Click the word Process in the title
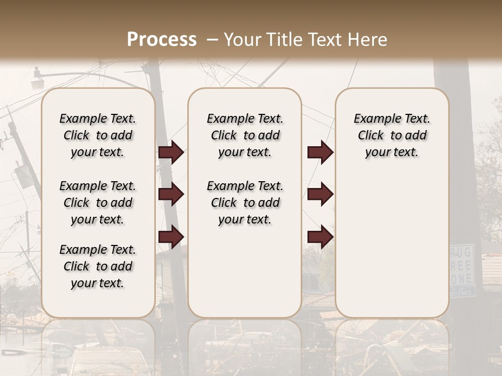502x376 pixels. [x=162, y=40]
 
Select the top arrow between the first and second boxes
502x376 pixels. [x=171, y=152]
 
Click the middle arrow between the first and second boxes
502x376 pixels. [x=171, y=194]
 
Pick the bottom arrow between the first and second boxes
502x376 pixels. [x=171, y=237]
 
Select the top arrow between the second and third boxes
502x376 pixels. [x=320, y=152]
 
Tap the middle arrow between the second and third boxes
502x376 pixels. [x=320, y=194]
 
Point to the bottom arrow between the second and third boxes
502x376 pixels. [x=320, y=237]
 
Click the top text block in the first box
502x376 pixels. [x=98, y=135]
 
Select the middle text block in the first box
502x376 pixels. [x=98, y=203]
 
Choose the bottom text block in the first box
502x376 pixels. [x=98, y=266]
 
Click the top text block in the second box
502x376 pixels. [x=245, y=135]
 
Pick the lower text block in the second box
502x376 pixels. [x=245, y=203]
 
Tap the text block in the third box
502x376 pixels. [x=392, y=135]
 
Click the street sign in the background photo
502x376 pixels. [x=462, y=269]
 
